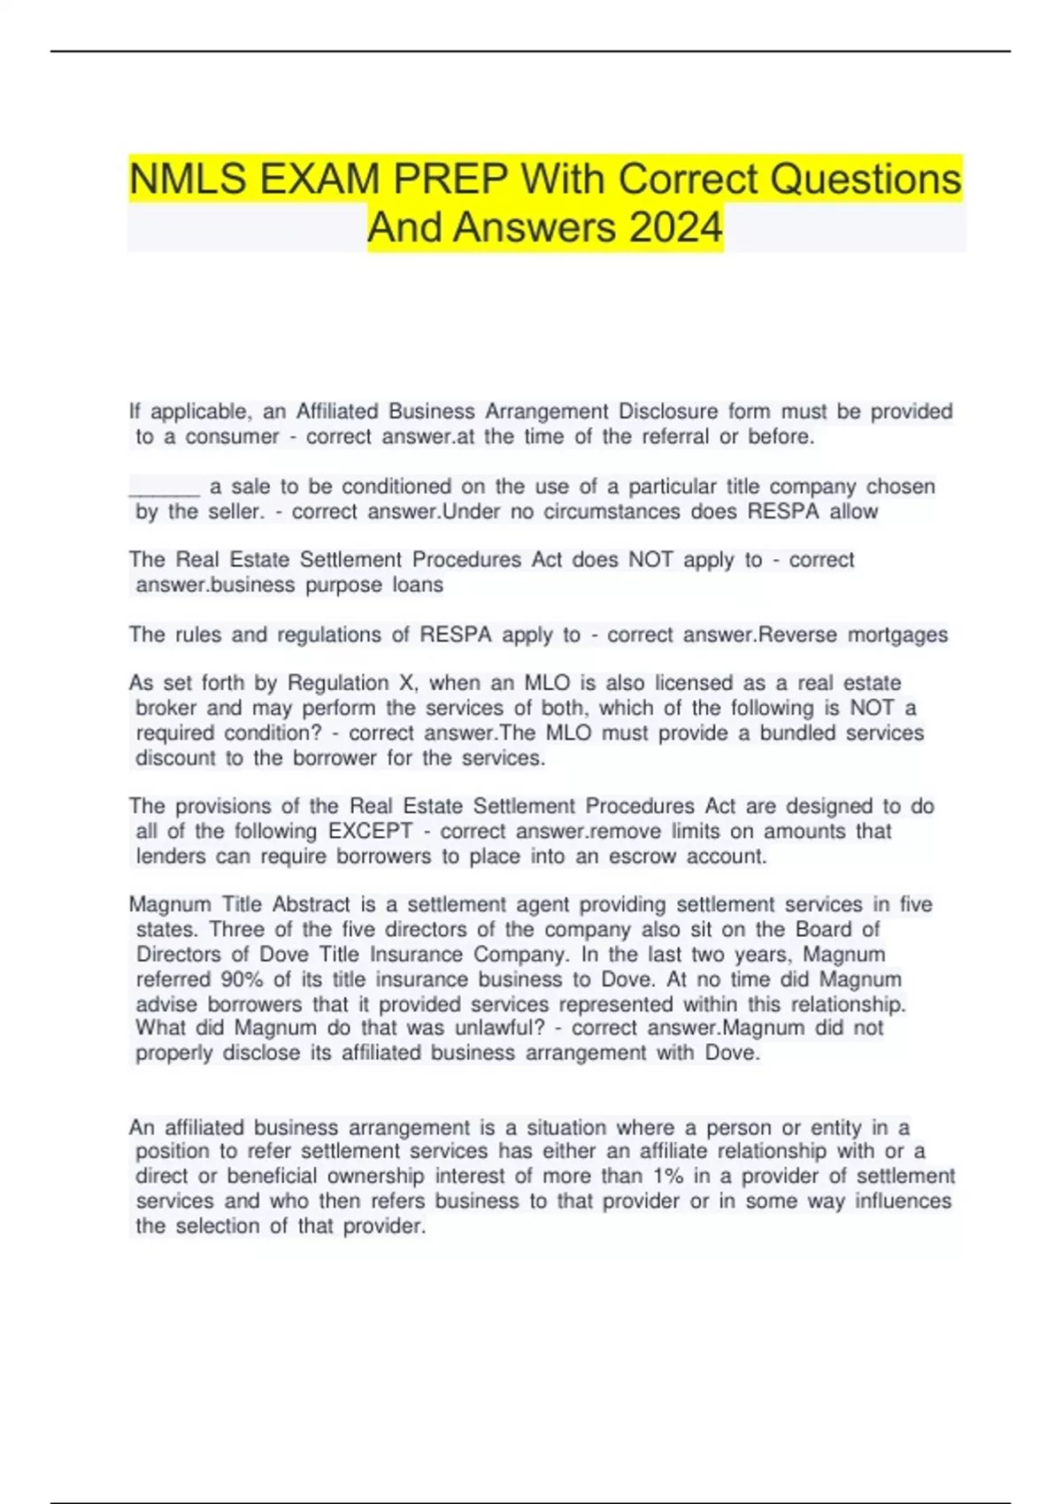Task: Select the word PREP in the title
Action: tap(450, 180)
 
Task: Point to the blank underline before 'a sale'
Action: tap(165, 487)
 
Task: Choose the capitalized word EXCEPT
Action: tap(370, 831)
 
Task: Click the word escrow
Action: tap(638, 856)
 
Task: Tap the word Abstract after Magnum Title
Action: tap(311, 904)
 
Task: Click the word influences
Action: tap(903, 1201)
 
